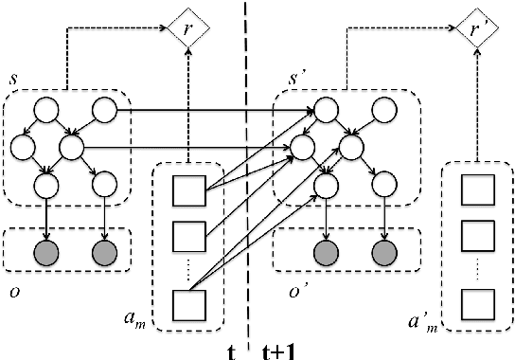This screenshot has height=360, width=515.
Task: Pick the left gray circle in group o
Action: [x=44, y=253]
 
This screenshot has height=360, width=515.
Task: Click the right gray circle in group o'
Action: [x=383, y=253]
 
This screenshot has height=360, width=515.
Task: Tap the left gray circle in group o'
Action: [x=328, y=253]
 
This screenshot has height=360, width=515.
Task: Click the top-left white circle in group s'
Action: [x=328, y=114]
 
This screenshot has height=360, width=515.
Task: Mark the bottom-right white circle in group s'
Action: [x=383, y=181]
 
